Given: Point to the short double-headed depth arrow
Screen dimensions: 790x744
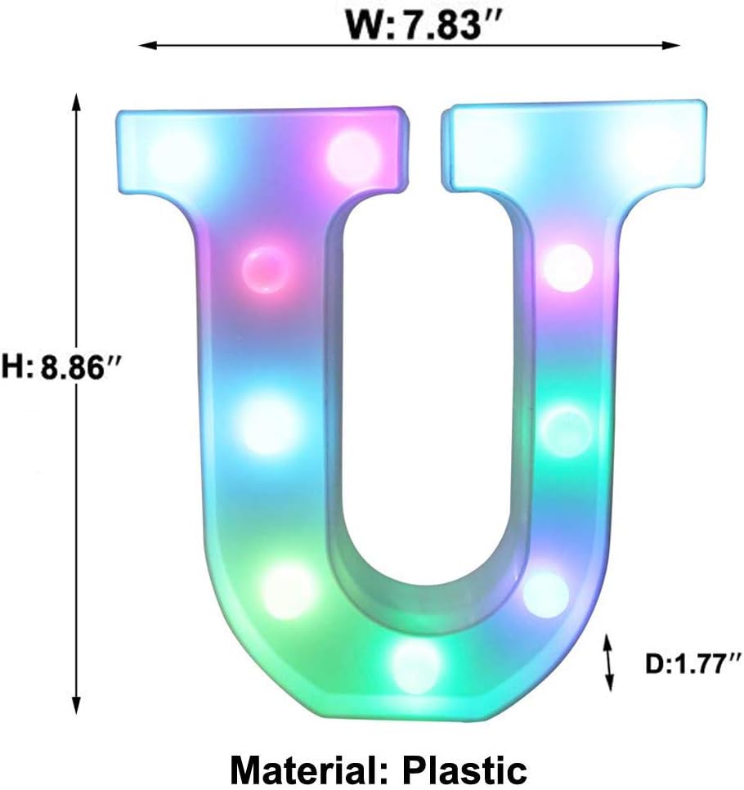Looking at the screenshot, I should click(x=608, y=662).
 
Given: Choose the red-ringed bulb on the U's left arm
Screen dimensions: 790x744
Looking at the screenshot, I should click(x=266, y=267).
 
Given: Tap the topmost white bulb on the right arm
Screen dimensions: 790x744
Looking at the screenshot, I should click(x=567, y=267).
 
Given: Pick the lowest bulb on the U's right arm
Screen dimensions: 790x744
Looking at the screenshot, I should click(x=545, y=593).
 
